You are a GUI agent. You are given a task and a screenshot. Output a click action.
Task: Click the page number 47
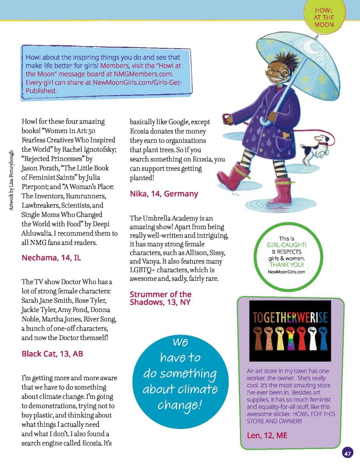[348, 454]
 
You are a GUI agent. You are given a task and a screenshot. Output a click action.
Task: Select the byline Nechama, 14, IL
[51, 257]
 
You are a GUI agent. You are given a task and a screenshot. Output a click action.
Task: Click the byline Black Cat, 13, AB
[52, 354]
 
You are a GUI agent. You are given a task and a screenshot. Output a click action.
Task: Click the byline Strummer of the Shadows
[161, 298]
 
